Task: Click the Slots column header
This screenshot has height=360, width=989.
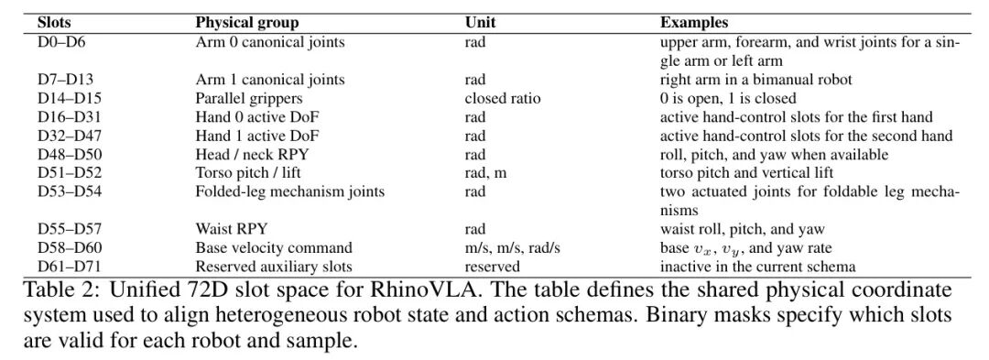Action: (x=54, y=23)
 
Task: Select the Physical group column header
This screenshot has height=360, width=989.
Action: (x=247, y=23)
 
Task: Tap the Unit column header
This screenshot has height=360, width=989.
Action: (x=480, y=23)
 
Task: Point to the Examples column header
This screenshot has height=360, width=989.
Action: (x=694, y=23)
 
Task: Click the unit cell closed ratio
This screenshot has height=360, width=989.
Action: (x=503, y=98)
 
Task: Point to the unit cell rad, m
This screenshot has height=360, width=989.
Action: (x=485, y=173)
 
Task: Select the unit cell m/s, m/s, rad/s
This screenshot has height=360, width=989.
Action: (x=513, y=247)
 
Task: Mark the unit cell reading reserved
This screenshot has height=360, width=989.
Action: (x=493, y=266)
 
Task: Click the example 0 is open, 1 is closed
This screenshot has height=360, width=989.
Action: (x=728, y=98)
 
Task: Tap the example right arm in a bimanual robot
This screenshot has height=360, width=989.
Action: (x=755, y=80)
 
